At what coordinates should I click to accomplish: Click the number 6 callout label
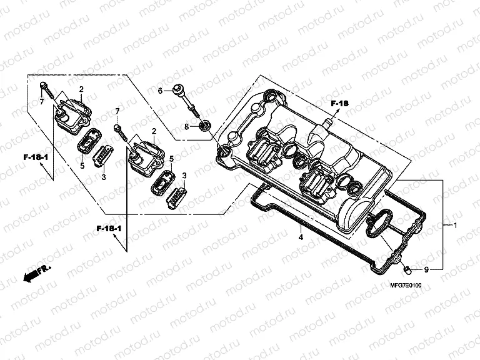(160, 91)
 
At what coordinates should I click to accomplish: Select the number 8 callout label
(186, 126)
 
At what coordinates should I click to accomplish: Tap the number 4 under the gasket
(300, 237)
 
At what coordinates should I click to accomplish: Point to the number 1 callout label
(455, 224)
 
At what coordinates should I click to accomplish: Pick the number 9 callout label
(426, 270)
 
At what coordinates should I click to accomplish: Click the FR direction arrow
(36, 272)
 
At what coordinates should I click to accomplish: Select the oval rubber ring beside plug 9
(379, 224)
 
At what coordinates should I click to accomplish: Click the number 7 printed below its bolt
(42, 101)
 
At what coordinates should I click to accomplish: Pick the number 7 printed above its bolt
(117, 111)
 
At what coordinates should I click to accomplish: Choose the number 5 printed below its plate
(82, 166)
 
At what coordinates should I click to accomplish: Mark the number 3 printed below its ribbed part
(104, 177)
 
